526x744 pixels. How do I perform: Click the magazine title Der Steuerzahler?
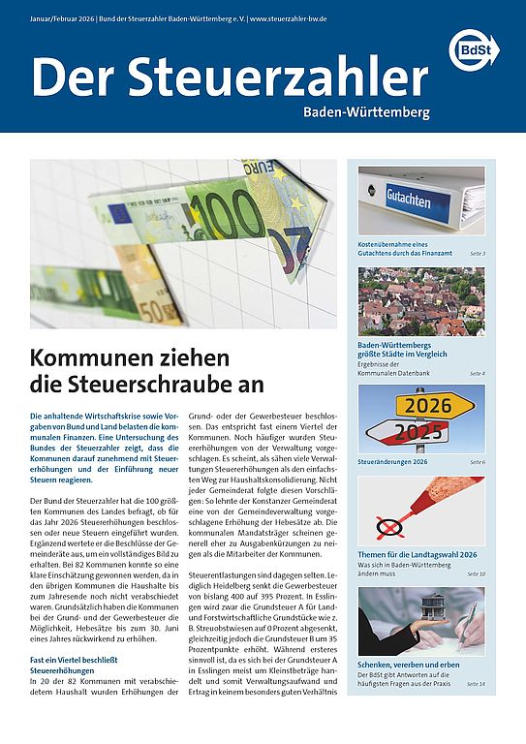tap(230, 77)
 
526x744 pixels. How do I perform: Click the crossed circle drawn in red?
tap(390, 528)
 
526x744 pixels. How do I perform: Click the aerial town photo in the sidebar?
tap(421, 301)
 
